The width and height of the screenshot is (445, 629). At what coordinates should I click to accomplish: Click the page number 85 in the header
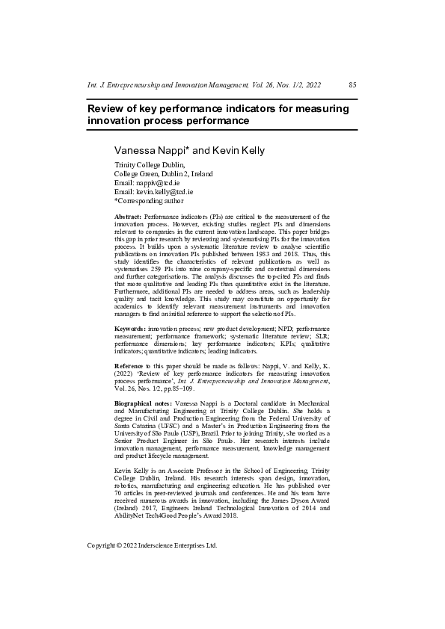pyautogui.click(x=352, y=85)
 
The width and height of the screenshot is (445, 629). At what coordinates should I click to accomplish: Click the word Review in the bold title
pyautogui.click(x=107, y=108)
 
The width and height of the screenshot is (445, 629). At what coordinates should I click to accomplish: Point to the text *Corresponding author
pyautogui.click(x=148, y=200)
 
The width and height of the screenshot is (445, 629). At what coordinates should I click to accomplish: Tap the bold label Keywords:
pyautogui.click(x=129, y=329)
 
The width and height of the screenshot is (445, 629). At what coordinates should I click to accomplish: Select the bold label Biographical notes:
pyautogui.click(x=142, y=403)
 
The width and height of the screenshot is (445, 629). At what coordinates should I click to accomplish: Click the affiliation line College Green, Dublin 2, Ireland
pyautogui.click(x=163, y=173)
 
